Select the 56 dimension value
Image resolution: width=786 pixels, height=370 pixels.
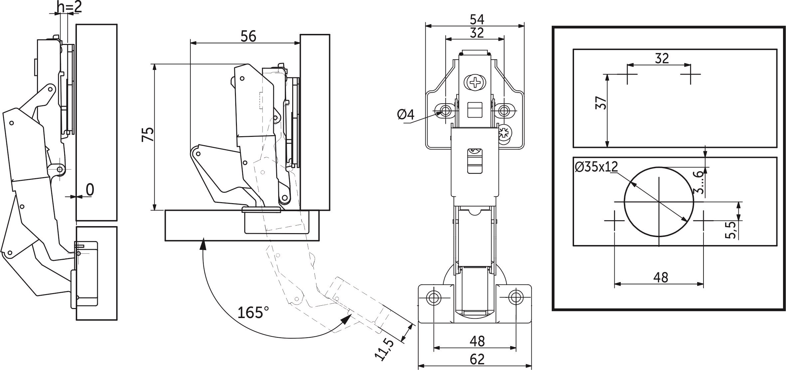[248, 36]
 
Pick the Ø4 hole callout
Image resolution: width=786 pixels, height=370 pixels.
[406, 115]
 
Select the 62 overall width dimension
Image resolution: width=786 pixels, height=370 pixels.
[477, 360]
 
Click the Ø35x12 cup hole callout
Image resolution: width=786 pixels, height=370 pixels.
[596, 167]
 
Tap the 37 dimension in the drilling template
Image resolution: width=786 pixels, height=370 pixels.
[602, 103]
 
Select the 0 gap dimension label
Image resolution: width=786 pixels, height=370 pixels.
[90, 190]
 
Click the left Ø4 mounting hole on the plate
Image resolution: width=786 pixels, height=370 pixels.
[445, 110]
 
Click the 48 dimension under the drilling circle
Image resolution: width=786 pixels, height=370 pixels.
[660, 277]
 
